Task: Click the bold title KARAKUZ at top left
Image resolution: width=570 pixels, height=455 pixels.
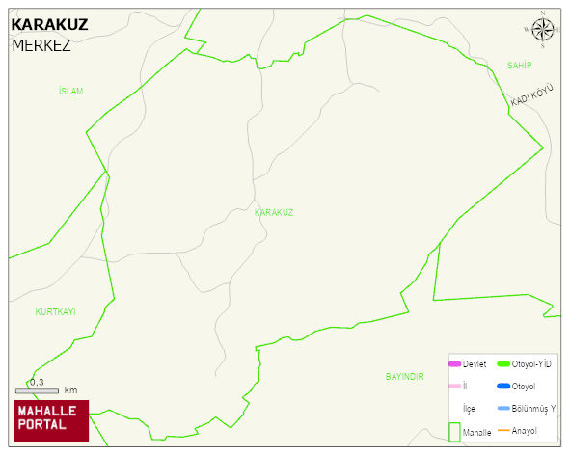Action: pos(49,24)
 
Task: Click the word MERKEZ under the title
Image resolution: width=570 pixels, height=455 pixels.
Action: pos(41,45)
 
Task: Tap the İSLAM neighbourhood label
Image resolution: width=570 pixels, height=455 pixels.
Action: pos(70,92)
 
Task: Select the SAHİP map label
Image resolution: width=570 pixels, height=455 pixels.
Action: pos(520,65)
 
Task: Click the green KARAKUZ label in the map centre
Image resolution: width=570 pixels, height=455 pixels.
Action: pos(274,212)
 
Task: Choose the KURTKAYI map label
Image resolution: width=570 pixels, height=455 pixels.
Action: pos(55,312)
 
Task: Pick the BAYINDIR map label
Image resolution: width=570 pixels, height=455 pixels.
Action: pos(404,376)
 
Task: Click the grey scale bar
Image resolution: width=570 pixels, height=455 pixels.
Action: pos(38,390)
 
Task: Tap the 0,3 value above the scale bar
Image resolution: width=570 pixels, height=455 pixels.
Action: pos(37,382)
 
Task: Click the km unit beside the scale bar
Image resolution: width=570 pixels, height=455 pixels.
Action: pos(70,390)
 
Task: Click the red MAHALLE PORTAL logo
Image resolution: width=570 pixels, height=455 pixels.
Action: pos(52,420)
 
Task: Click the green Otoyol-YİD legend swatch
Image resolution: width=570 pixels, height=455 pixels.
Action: pos(502,363)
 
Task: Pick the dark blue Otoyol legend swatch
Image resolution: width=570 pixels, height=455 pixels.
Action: pos(502,387)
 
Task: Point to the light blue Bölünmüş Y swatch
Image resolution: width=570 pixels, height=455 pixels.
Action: pos(502,409)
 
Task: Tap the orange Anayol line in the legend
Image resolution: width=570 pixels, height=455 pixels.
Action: pos(502,430)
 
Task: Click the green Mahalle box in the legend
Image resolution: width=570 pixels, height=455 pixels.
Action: pos(454,432)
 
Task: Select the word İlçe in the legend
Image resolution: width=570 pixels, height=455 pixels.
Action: pos(469,409)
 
